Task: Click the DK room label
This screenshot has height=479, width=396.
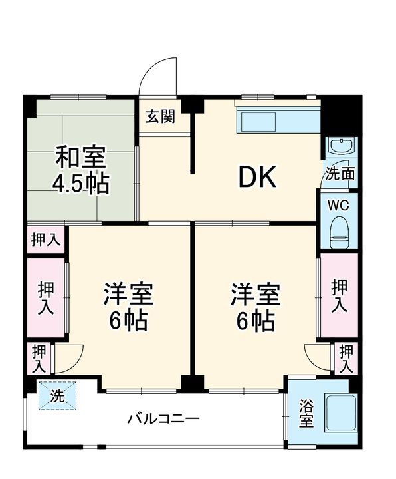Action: [256, 177]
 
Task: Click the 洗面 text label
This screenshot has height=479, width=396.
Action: [340, 174]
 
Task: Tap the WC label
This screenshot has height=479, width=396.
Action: [340, 204]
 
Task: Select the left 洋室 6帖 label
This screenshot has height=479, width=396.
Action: [128, 307]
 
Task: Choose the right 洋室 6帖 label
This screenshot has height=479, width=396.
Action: [255, 307]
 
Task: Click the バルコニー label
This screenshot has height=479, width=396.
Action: [163, 419]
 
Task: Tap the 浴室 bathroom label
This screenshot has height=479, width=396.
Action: [306, 413]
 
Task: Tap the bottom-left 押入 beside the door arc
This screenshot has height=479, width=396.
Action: [39, 358]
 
